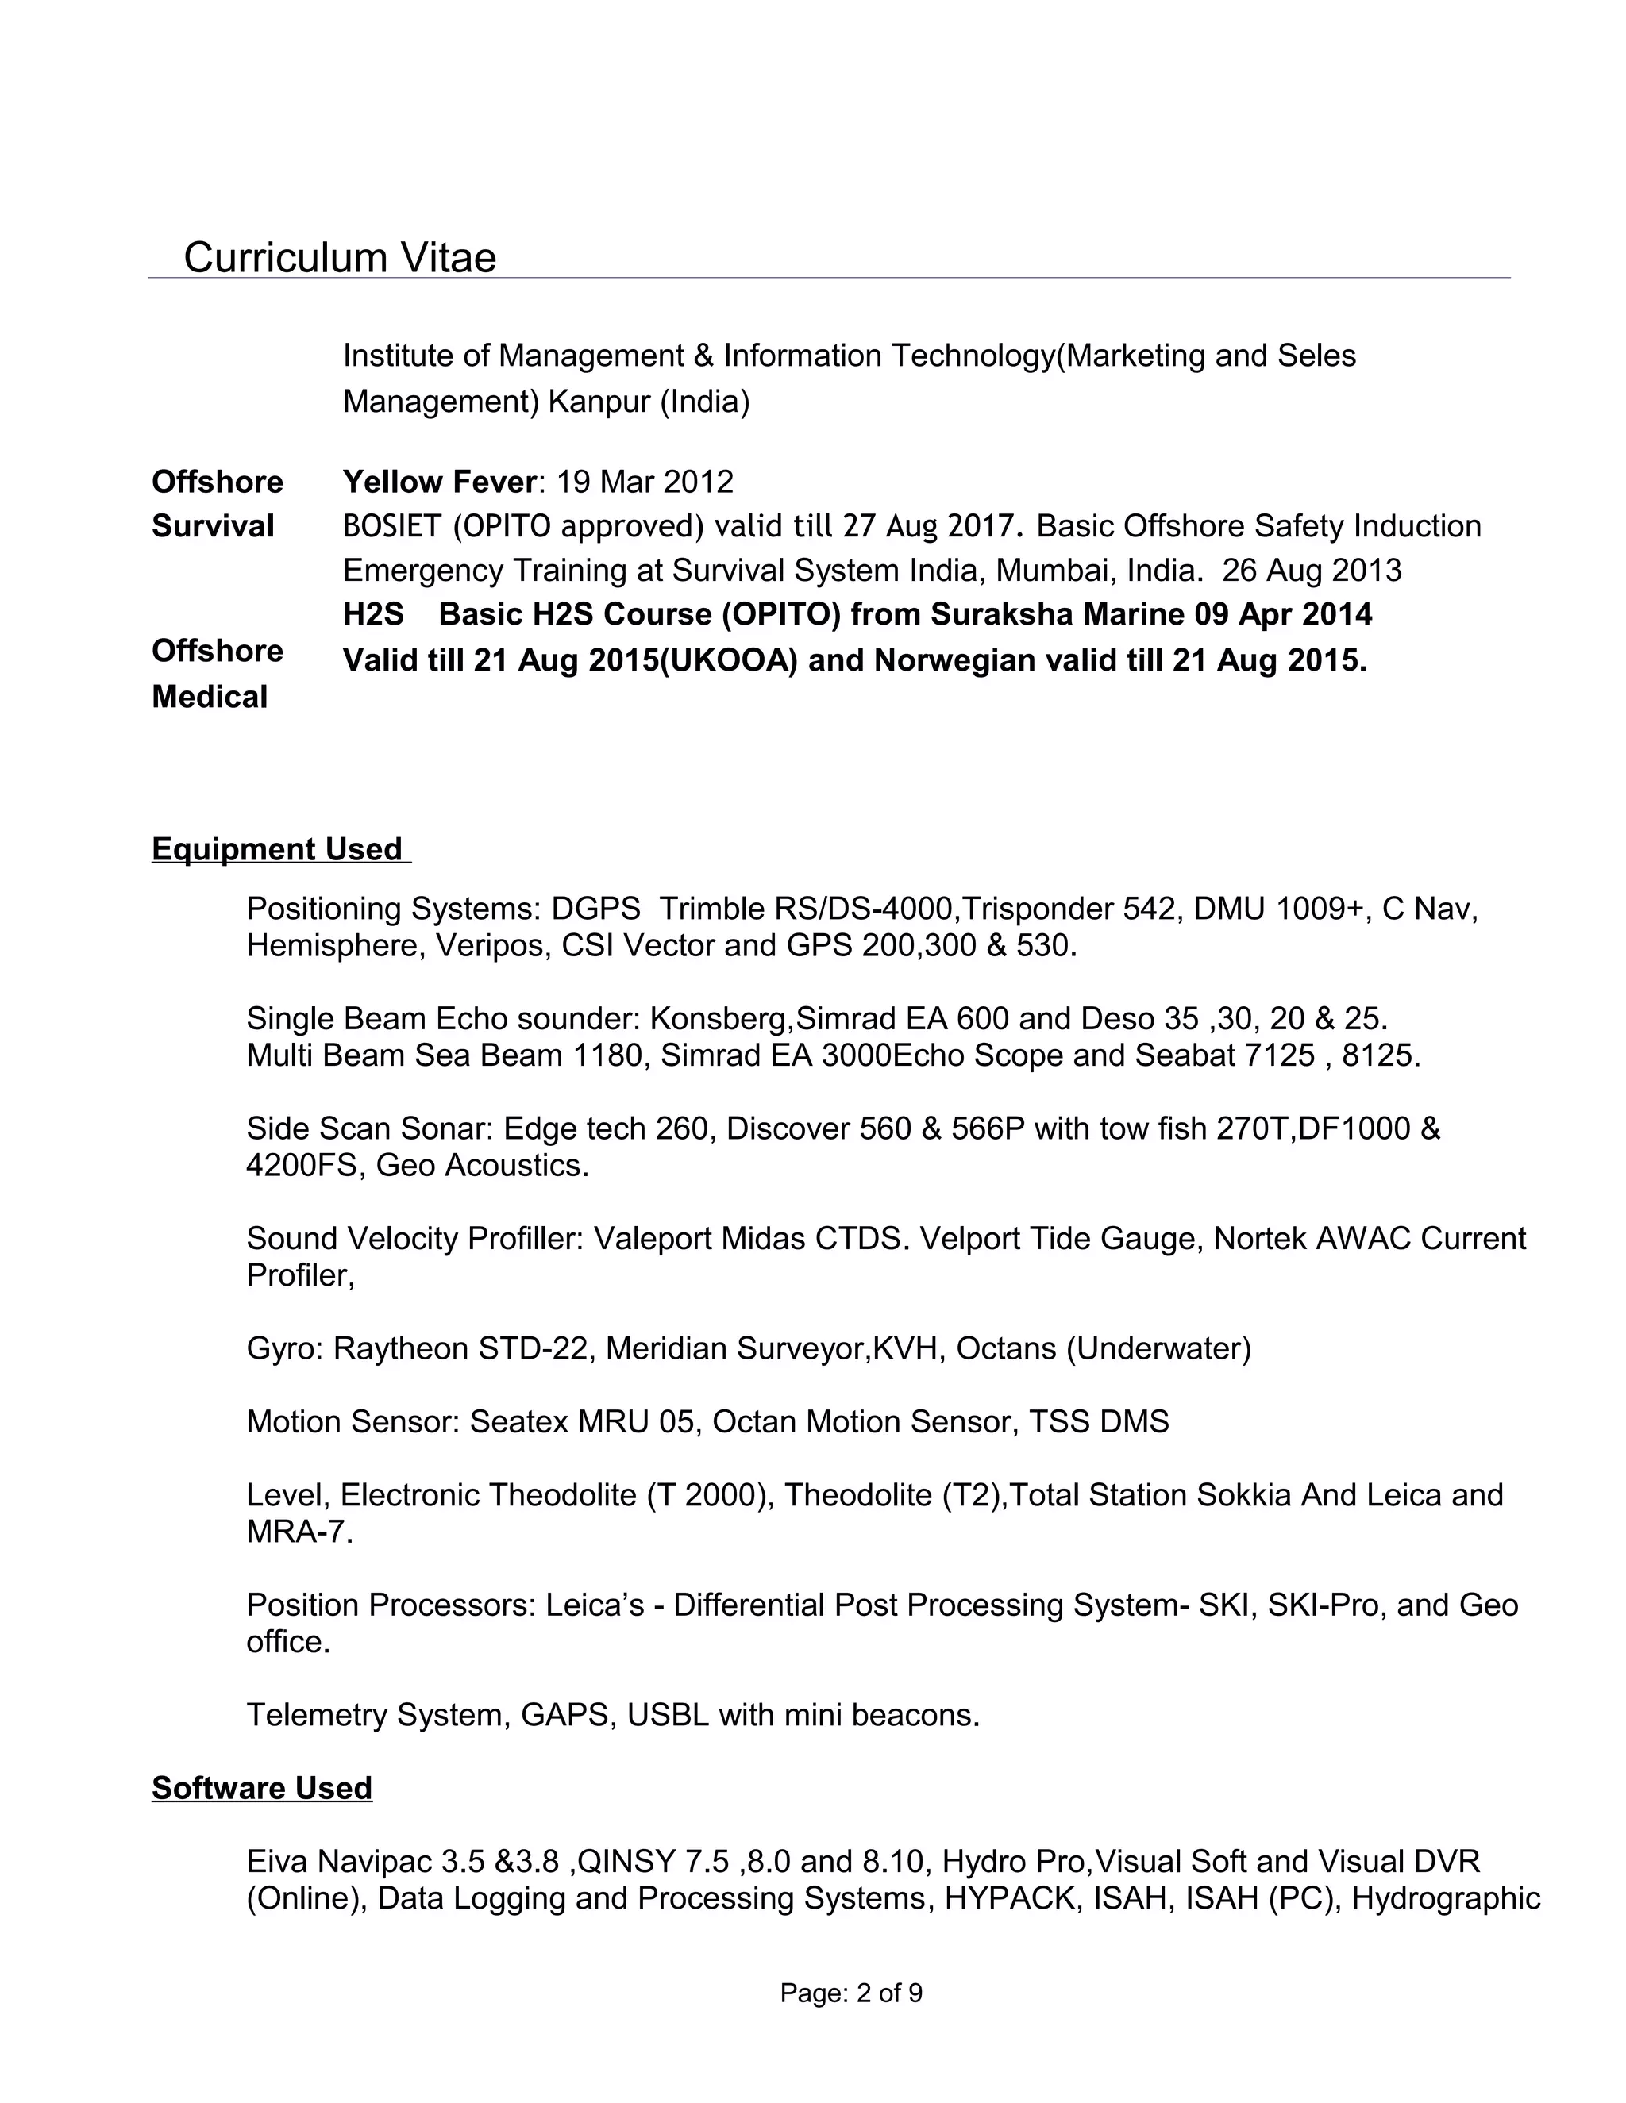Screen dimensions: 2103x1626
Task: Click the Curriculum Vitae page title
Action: tap(339, 258)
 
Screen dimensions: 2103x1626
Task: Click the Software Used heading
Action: tap(261, 1788)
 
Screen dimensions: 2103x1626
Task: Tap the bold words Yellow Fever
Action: tap(438, 482)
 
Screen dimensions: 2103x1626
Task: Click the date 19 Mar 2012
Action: tap(645, 482)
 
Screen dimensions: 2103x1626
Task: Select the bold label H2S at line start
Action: tap(373, 614)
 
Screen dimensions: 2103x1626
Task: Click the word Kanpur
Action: tap(599, 401)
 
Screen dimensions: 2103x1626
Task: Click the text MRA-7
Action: tap(297, 1532)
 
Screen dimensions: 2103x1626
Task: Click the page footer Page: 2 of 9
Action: tap(850, 1993)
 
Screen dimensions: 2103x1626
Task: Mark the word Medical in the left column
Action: tap(209, 697)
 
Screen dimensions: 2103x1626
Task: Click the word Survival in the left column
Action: tap(213, 527)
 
